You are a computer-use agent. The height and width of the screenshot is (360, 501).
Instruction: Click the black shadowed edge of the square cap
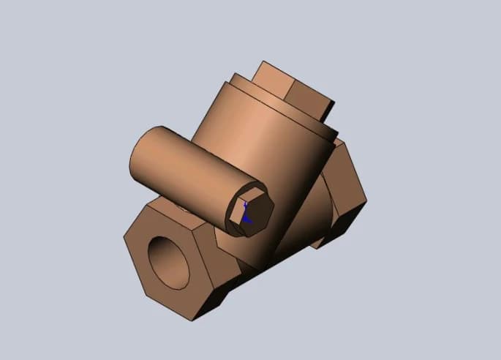pyautogui.click(x=329, y=110)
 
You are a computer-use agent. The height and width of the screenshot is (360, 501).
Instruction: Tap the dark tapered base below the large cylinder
pyautogui.click(x=289, y=234)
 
